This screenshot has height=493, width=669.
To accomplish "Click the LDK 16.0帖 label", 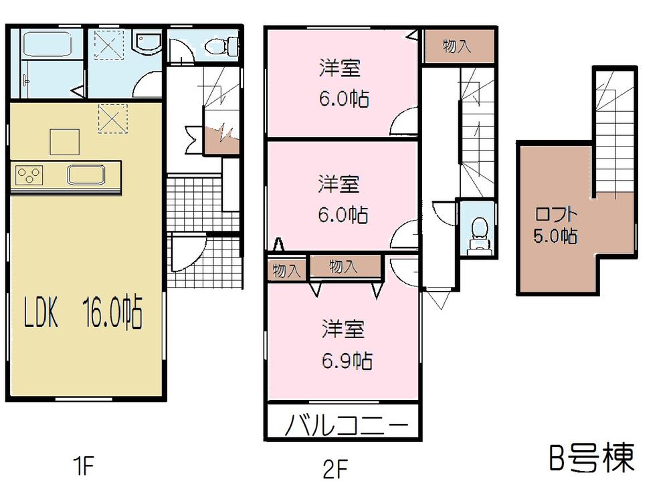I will pyautogui.click(x=84, y=312).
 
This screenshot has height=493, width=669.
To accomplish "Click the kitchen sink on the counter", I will pyautogui.click(x=85, y=176).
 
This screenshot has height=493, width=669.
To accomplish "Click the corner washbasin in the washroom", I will pyautogui.click(x=145, y=44).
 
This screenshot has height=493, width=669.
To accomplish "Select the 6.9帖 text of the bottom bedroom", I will pyautogui.click(x=345, y=361).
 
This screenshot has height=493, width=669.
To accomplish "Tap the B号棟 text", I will pyautogui.click(x=591, y=459).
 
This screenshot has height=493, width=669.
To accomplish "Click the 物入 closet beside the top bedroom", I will pyautogui.click(x=457, y=46).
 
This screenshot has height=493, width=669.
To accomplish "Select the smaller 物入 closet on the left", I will pyautogui.click(x=286, y=270).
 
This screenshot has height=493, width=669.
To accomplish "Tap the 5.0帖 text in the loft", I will pyautogui.click(x=555, y=235).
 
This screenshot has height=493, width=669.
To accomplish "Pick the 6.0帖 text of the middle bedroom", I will pyautogui.click(x=343, y=215).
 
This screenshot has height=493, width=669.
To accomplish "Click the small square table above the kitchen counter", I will pyautogui.click(x=64, y=141).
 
